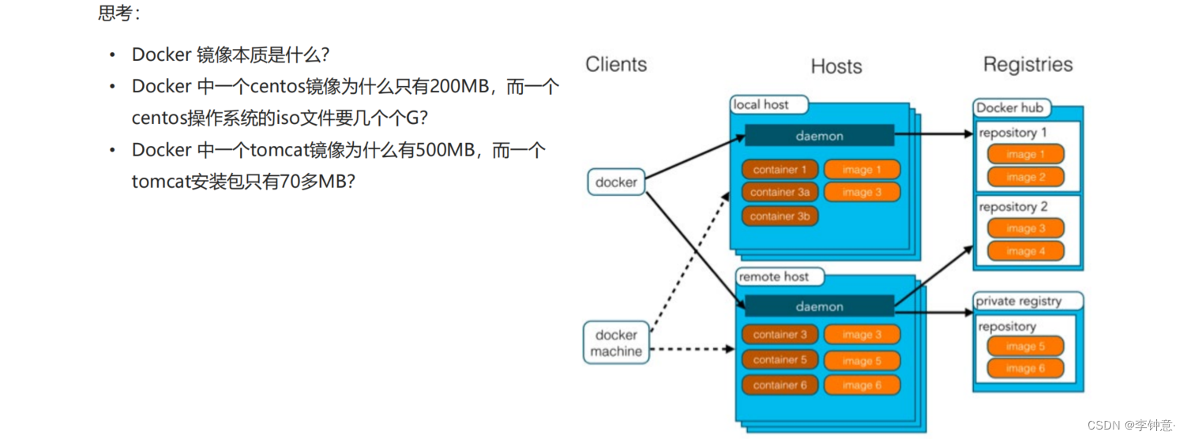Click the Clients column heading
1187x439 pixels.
click(x=616, y=65)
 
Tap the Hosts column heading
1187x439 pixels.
click(x=836, y=67)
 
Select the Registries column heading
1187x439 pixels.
click(x=1027, y=65)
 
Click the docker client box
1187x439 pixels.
click(x=616, y=182)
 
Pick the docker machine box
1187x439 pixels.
click(x=616, y=343)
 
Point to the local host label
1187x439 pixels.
click(x=761, y=105)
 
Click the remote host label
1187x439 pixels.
click(x=773, y=277)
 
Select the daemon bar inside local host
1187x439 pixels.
click(x=819, y=136)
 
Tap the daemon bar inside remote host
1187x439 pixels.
click(x=819, y=306)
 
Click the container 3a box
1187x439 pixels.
click(x=779, y=192)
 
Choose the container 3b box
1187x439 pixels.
click(x=779, y=216)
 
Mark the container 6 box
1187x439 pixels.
click(x=779, y=385)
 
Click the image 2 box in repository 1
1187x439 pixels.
click(x=1025, y=178)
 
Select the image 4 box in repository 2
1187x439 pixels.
click(x=1025, y=252)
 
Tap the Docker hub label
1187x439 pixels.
click(x=1009, y=108)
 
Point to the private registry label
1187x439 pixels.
click(x=1018, y=302)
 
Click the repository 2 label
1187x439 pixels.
click(x=1012, y=207)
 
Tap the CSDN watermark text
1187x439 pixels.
click(x=1131, y=426)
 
